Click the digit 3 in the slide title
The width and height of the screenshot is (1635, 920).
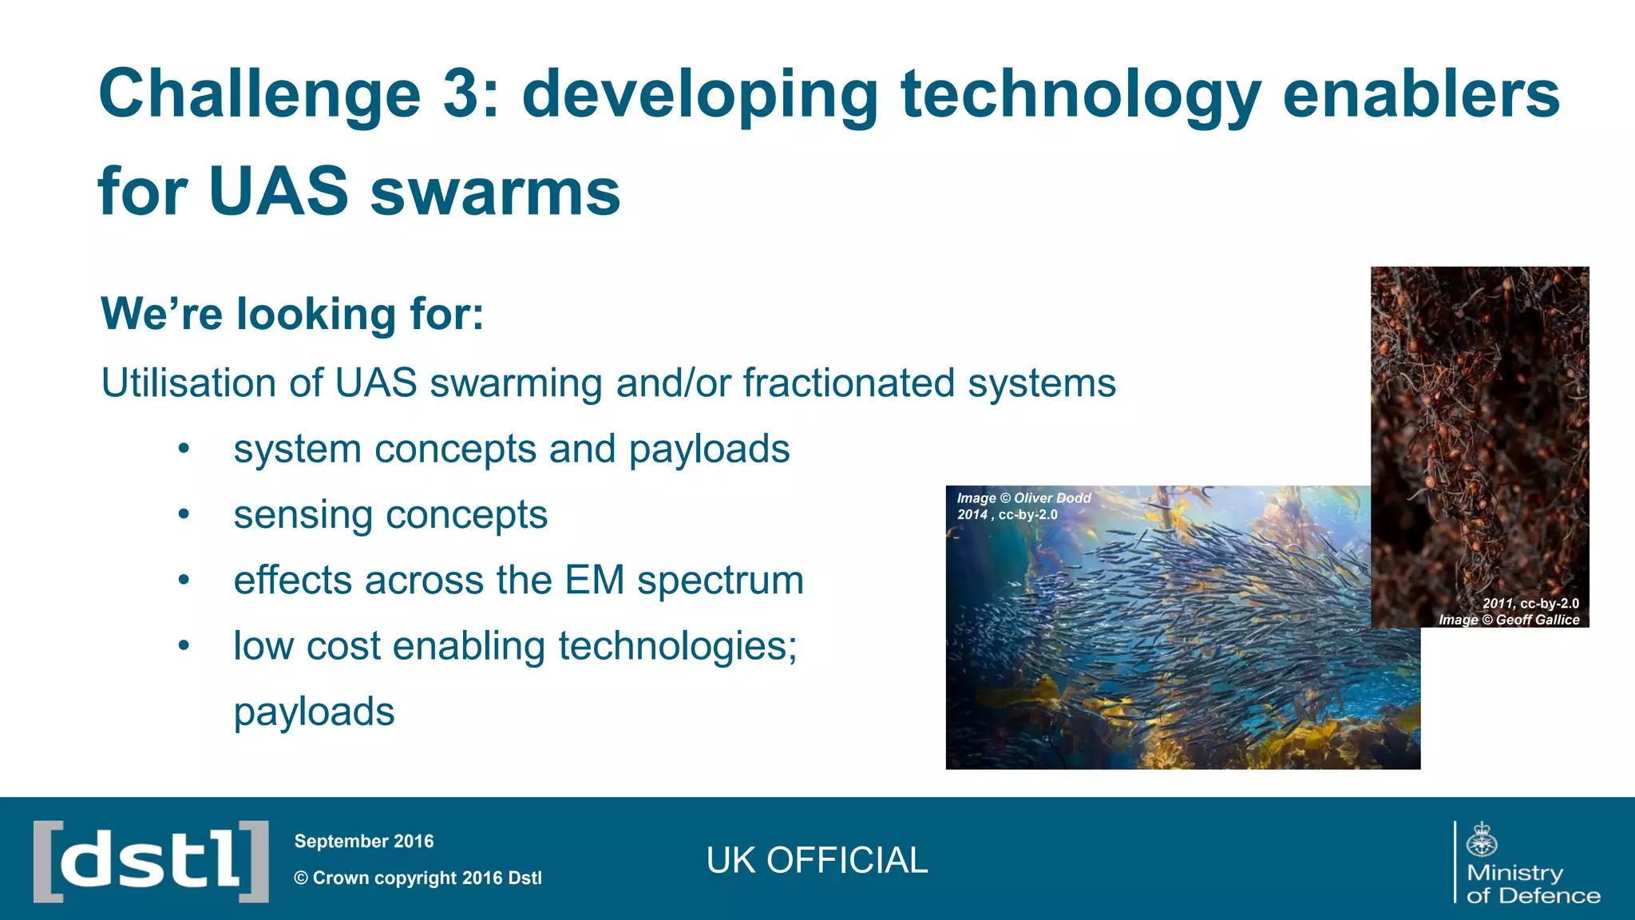(x=461, y=94)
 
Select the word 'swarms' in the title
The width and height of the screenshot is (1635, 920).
(x=495, y=192)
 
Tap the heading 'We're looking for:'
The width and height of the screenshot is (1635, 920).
(x=292, y=313)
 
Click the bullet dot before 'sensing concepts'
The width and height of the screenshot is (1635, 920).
(x=184, y=515)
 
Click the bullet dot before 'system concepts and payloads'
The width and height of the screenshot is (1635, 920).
(x=184, y=449)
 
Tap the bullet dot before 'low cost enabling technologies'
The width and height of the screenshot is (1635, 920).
(x=184, y=646)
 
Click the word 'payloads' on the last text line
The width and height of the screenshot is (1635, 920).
(x=314, y=712)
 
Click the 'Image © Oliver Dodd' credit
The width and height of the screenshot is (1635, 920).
(x=1023, y=498)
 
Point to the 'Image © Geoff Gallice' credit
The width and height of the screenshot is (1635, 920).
(x=1508, y=620)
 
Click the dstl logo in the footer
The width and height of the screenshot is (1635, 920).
(x=151, y=861)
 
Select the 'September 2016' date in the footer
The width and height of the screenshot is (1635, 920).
(x=364, y=842)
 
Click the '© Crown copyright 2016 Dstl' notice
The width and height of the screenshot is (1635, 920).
(x=418, y=878)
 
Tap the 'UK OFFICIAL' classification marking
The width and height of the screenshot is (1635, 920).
(x=817, y=861)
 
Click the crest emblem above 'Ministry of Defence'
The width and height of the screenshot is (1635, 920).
(x=1482, y=839)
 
